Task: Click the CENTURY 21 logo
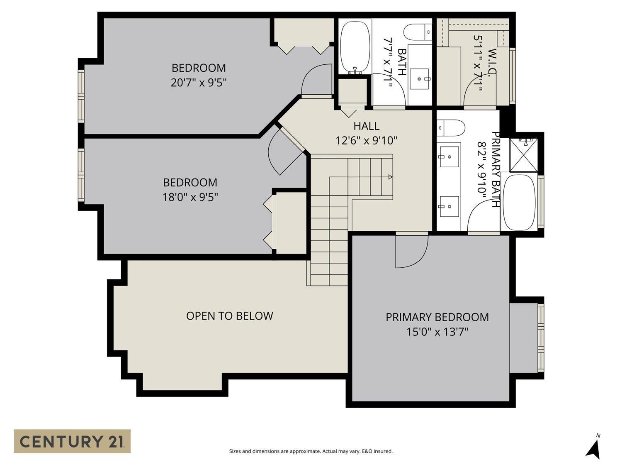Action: point(72,441)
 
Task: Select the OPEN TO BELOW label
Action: point(229,316)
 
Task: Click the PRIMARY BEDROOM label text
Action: point(437,317)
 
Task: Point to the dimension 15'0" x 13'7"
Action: point(437,332)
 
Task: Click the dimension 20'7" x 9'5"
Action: point(199,83)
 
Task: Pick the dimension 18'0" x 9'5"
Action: point(190,197)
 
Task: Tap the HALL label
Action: point(366,126)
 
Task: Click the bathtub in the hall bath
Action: point(355,46)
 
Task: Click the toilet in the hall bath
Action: point(418,32)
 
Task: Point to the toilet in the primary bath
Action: point(451,128)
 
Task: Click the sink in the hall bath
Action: point(420,78)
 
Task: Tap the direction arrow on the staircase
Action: point(390,177)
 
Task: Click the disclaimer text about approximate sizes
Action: point(311,451)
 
